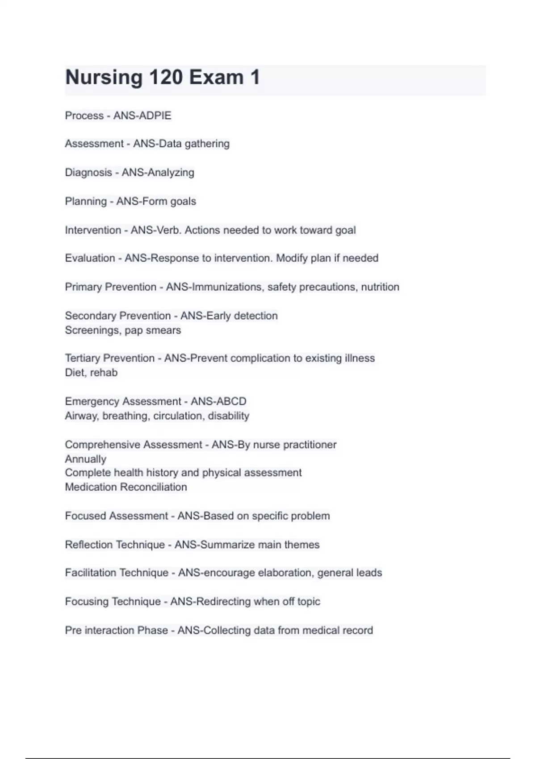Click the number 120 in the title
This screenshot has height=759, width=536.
pos(165,77)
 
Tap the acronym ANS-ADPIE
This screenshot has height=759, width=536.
pos(142,116)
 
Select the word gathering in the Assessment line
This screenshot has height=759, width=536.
pos(207,144)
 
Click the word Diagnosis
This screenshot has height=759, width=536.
pos(88,172)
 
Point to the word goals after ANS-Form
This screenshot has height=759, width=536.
pos(183,201)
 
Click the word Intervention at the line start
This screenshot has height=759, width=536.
pos(93,230)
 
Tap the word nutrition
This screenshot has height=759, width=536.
pos(380,287)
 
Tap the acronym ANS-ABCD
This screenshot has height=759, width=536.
pos(218,401)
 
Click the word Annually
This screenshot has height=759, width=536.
pos(86,459)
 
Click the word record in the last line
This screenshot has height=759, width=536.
pos(357,630)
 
